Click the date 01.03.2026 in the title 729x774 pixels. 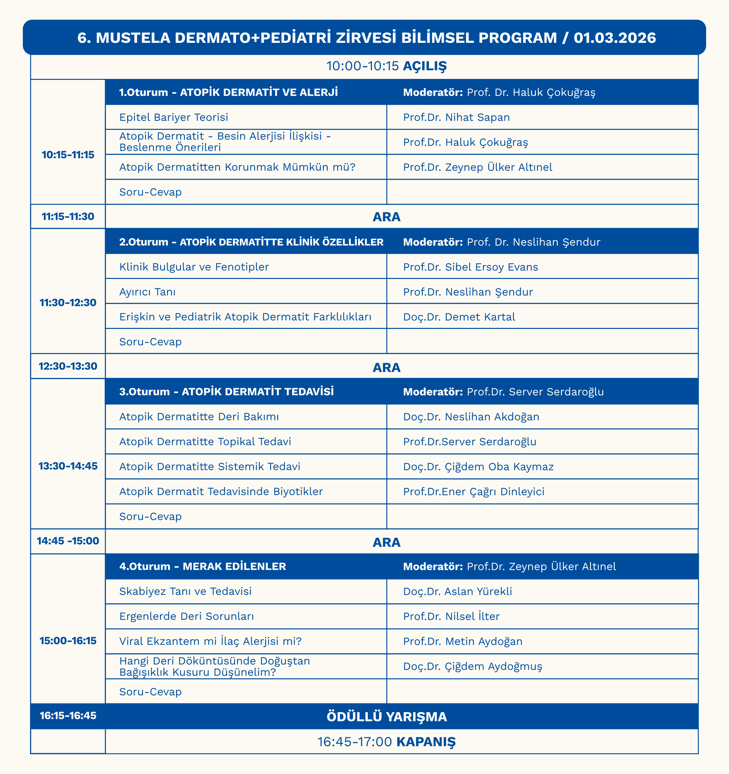tap(615, 38)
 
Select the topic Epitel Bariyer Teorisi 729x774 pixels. tap(174, 117)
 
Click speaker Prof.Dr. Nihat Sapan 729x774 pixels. tap(456, 117)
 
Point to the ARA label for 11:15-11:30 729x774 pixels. tap(386, 217)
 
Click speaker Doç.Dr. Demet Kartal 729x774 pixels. tap(459, 317)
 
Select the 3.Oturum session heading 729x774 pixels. tap(226, 391)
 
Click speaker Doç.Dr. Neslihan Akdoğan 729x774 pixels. tap(471, 416)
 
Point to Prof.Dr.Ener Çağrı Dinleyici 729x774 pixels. tap(473, 491)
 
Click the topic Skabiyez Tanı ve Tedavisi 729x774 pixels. tap(185, 591)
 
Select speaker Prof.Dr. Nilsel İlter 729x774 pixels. tap(451, 616)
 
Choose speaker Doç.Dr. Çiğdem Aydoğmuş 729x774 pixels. tap(472, 666)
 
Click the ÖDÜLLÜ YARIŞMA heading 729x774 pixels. tap(386, 717)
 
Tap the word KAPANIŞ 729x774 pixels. tap(425, 742)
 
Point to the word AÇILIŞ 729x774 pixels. tap(424, 66)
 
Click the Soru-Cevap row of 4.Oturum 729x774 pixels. tap(150, 692)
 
